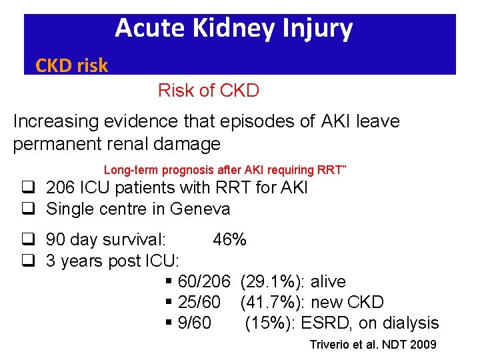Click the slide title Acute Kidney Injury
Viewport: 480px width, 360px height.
click(x=233, y=29)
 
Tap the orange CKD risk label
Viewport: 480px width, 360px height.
click(x=71, y=65)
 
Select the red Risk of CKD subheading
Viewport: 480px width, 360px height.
click(x=208, y=91)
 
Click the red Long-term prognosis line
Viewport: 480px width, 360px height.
click(x=225, y=170)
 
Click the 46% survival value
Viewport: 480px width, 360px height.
click(x=229, y=239)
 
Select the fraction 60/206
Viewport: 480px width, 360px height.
click(x=204, y=282)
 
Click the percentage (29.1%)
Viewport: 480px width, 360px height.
click(x=269, y=282)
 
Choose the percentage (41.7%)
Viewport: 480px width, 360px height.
click(x=269, y=303)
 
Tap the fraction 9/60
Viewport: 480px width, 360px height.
click(x=195, y=323)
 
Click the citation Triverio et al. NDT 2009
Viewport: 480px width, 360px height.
click(x=373, y=345)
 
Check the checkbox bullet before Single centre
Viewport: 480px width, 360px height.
click(x=27, y=209)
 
